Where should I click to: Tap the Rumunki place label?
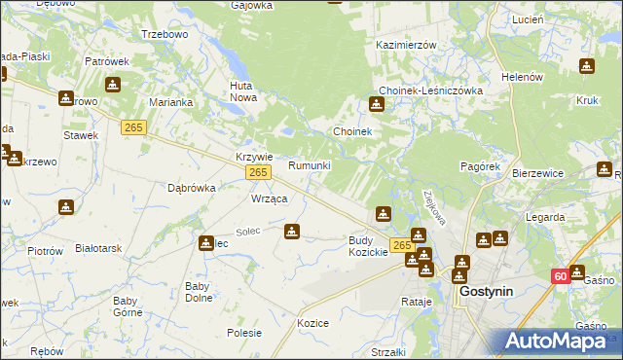click(x=310, y=165)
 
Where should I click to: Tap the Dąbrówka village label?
click(x=191, y=188)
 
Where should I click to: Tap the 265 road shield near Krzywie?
click(x=257, y=172)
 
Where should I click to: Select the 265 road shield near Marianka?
click(x=134, y=127)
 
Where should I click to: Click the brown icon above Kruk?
click(x=587, y=66)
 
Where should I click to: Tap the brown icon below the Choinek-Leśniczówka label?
click(x=377, y=105)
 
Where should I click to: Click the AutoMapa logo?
click(x=559, y=341)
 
